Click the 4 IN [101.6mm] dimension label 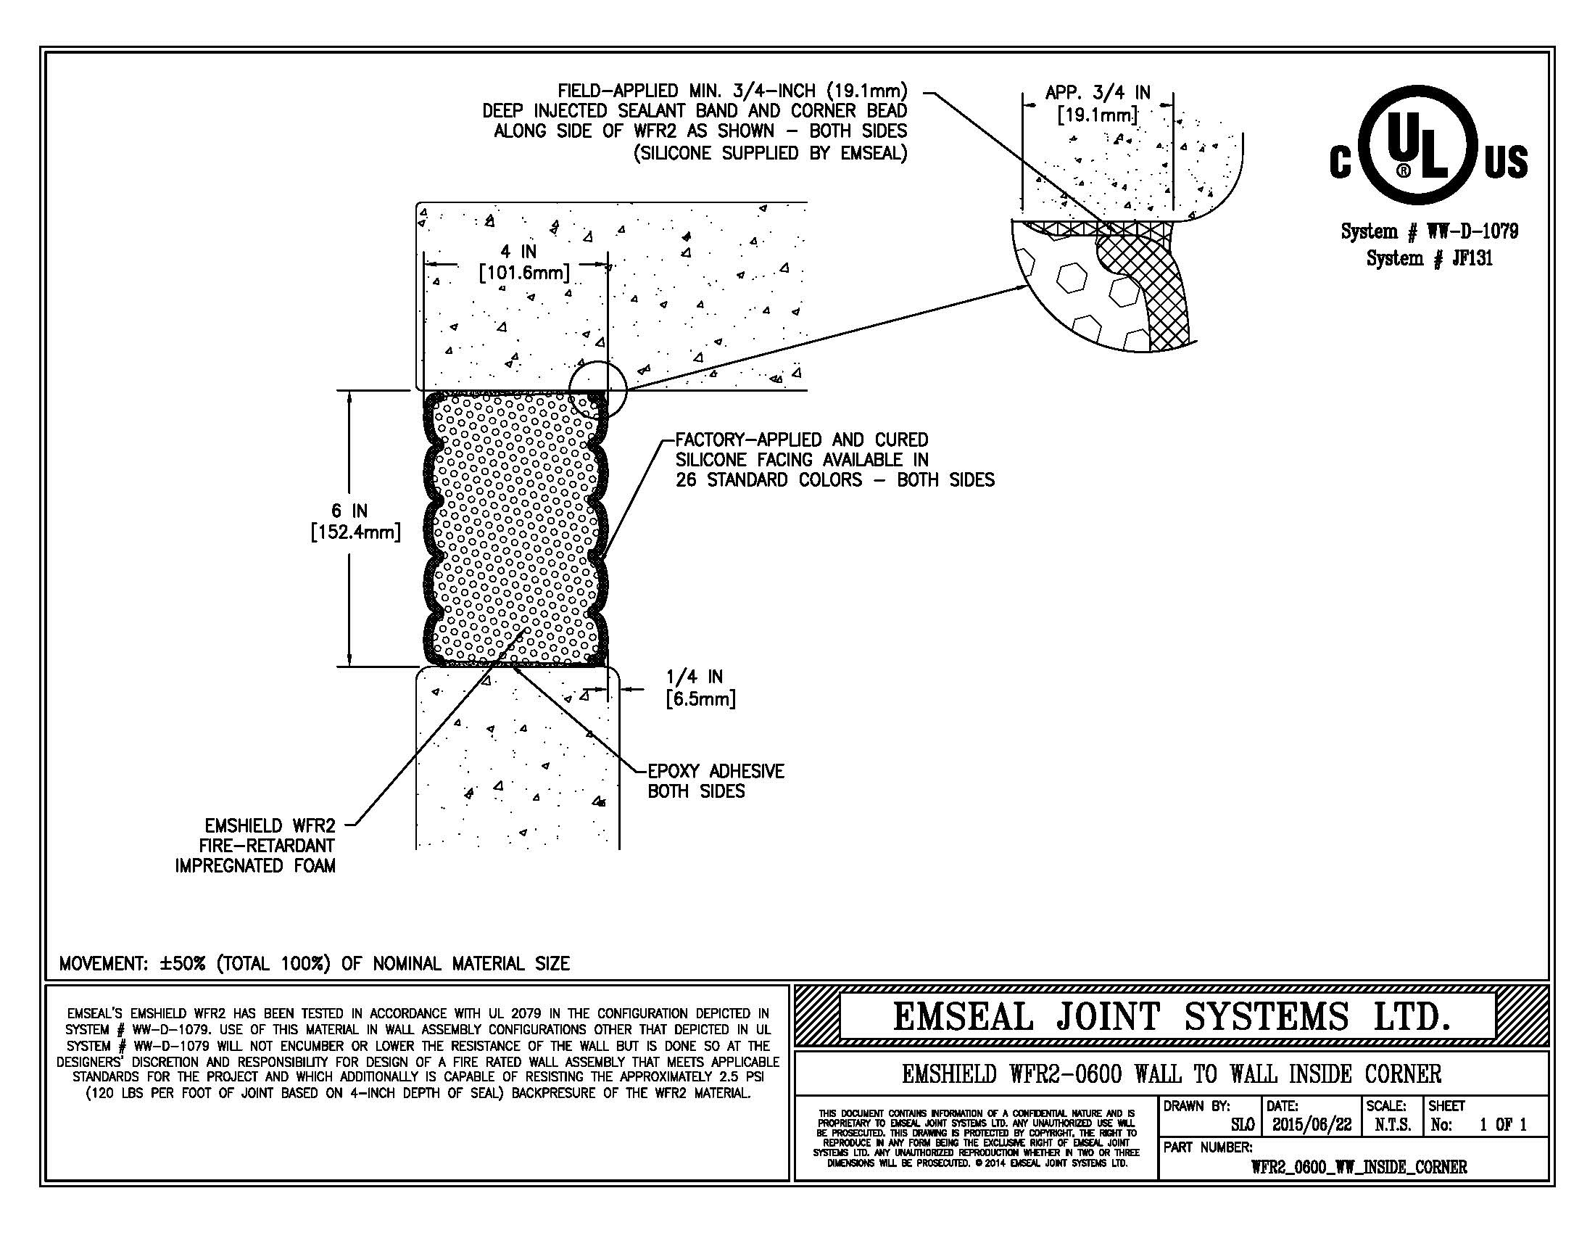point(523,263)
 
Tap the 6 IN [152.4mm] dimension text point(356,521)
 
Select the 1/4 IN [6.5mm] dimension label point(699,688)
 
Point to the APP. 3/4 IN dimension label point(1098,104)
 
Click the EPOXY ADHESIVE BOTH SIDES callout point(715,781)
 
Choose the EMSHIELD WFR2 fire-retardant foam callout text point(256,846)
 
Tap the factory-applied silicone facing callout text point(833,460)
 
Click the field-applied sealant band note point(695,122)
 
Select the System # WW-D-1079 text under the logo point(1429,231)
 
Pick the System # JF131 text point(1429,258)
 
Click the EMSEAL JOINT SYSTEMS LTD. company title point(1171,1017)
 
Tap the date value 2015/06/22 point(1312,1125)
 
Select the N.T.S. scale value point(1393,1125)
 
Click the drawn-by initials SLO point(1242,1125)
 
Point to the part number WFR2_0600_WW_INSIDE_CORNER point(1359,1167)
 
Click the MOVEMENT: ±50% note point(314,963)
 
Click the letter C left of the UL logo point(1340,162)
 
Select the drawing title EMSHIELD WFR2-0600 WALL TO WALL point(1172,1073)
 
